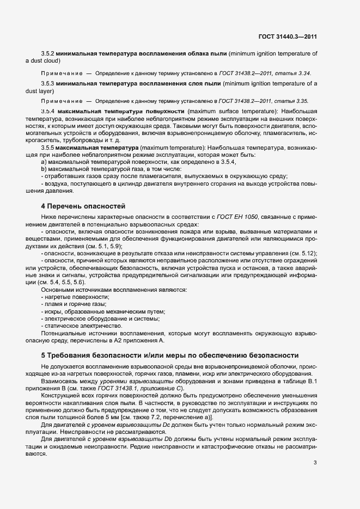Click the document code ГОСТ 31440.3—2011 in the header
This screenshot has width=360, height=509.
(288, 37)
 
